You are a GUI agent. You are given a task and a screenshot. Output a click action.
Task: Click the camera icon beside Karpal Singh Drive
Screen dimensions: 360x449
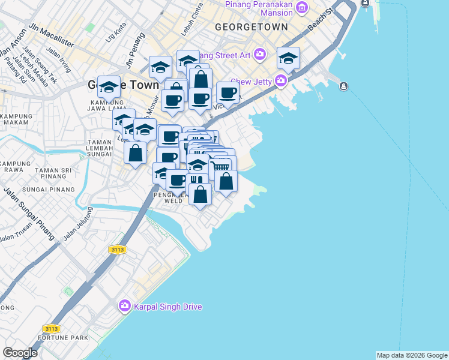[124, 306]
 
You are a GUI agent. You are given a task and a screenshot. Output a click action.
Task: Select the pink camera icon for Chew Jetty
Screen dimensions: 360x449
[281, 80]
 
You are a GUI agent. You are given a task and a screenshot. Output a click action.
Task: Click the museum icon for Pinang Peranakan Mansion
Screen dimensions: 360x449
[303, 8]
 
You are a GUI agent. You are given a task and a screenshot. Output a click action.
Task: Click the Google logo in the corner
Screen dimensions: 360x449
[20, 353]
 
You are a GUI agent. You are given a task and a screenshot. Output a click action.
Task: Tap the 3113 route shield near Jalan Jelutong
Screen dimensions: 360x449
[118, 249]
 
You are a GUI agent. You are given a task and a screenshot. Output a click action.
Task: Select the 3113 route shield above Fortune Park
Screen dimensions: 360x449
[51, 328]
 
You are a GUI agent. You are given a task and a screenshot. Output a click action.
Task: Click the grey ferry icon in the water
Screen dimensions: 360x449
[343, 86]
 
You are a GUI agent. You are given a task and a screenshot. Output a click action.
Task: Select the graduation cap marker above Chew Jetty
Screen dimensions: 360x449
[289, 58]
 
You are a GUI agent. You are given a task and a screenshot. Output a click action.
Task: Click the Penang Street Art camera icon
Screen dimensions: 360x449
[260, 55]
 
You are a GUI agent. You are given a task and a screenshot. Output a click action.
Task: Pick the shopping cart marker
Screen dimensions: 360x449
[220, 166]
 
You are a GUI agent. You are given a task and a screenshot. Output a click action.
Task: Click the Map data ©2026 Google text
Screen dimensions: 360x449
[412, 355]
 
